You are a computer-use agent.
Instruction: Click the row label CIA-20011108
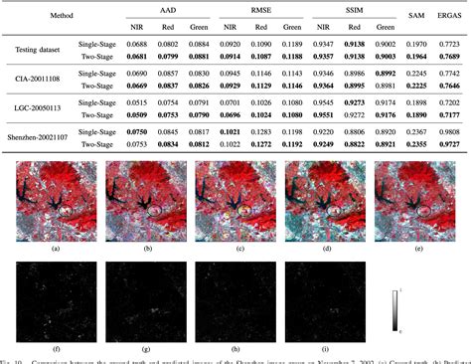(x=37, y=79)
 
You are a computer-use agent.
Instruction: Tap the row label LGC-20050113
(x=37, y=107)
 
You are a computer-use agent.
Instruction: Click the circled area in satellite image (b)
(x=154, y=210)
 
